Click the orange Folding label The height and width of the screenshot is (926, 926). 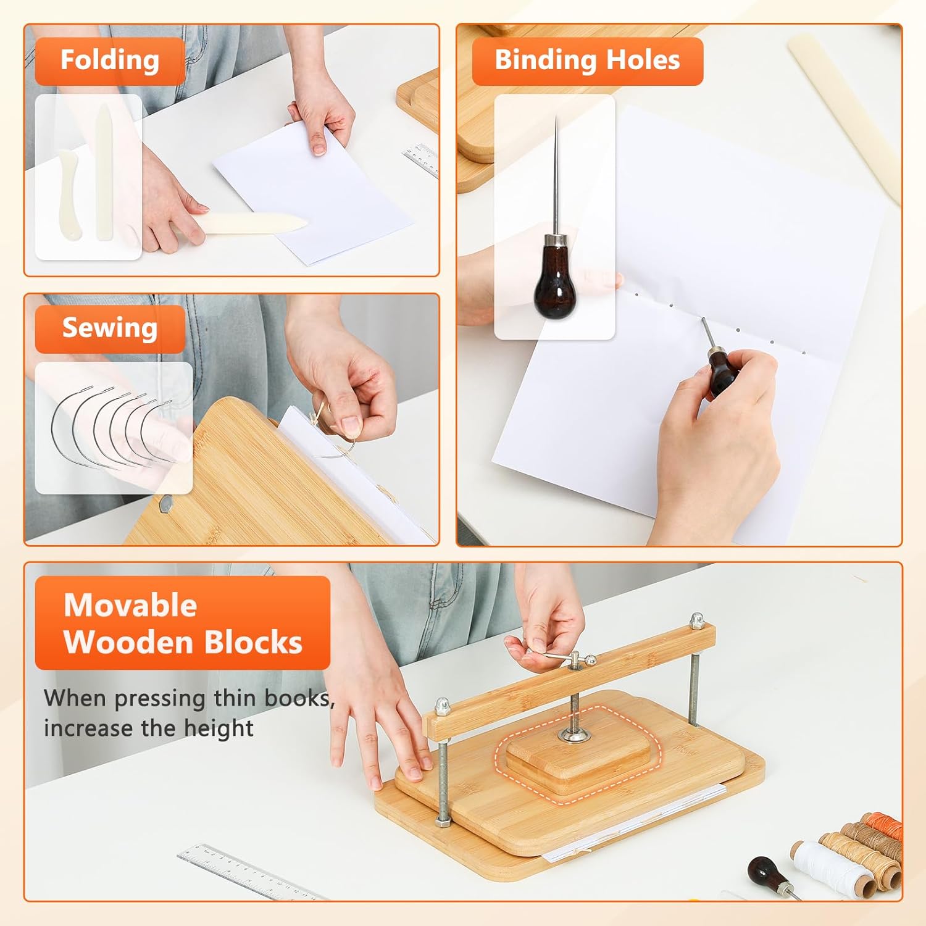pyautogui.click(x=110, y=60)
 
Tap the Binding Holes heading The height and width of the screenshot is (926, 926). pyautogui.click(x=587, y=60)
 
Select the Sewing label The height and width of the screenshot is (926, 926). pyautogui.click(x=110, y=328)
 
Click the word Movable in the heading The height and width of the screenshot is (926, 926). pyautogui.click(x=130, y=605)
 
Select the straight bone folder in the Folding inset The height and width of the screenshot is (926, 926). pyautogui.click(x=104, y=172)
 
